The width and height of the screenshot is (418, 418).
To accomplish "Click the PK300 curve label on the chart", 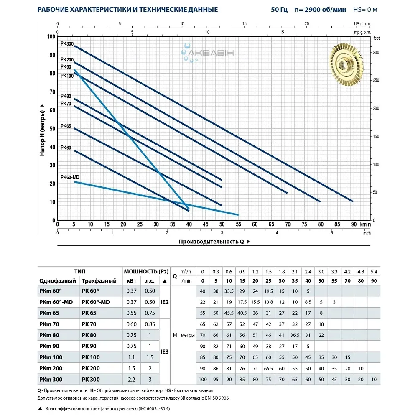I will click(x=66, y=43).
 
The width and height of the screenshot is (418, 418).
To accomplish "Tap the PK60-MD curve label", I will click(x=70, y=177).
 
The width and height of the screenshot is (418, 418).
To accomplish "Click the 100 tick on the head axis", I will click(x=51, y=37).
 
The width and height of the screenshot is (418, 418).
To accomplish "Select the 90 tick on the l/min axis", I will click(x=354, y=224).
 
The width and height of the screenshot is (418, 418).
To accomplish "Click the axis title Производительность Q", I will click(x=212, y=242).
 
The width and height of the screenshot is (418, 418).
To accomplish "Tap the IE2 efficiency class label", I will click(x=165, y=302).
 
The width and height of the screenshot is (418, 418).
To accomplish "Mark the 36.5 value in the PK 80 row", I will click(x=295, y=335).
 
